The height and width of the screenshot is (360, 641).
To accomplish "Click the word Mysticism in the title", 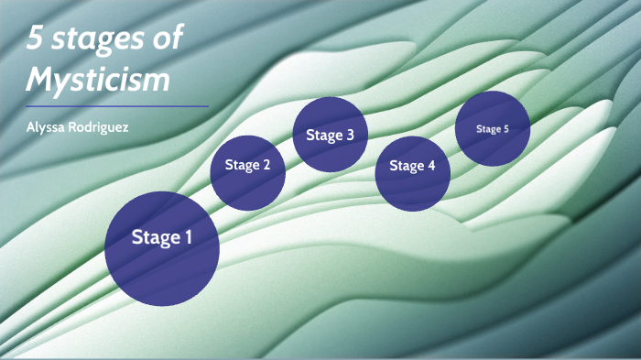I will (98, 80).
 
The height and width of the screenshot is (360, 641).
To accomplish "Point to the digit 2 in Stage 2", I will (266, 166).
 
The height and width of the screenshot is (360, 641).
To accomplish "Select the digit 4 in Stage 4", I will (431, 166).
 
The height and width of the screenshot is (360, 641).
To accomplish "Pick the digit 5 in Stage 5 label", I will (505, 129).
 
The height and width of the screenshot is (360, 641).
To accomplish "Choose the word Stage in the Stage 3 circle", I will (323, 136).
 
